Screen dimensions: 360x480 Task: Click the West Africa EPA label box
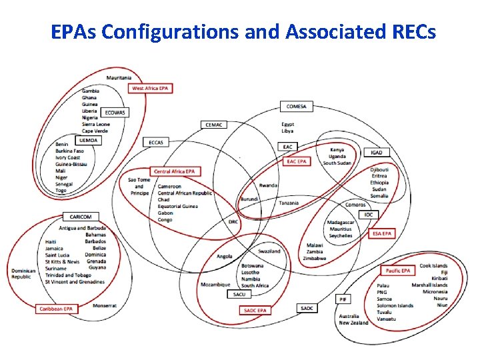(150, 88)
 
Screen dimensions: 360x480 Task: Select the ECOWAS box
(114, 113)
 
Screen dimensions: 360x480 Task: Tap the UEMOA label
(89, 140)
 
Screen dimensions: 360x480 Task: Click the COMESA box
(296, 106)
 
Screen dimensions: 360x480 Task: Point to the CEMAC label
(213, 124)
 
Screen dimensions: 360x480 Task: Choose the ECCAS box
(156, 142)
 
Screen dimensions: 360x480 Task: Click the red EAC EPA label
(296, 161)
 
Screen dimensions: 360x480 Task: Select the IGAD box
(377, 153)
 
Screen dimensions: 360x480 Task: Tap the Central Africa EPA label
(174, 171)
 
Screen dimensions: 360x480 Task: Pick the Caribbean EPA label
(55, 309)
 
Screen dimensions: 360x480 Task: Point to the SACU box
(239, 294)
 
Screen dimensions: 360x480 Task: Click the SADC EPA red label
(255, 310)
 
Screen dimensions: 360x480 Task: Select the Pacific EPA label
(398, 271)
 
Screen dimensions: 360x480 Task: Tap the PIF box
(343, 299)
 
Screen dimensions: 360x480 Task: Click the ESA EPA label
(382, 233)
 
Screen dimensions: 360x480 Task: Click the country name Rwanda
(269, 185)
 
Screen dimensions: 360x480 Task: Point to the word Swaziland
(269, 251)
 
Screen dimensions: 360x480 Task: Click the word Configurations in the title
(171, 31)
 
